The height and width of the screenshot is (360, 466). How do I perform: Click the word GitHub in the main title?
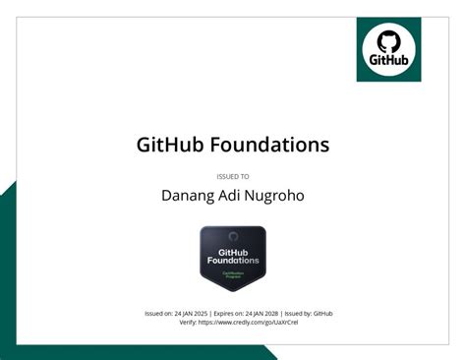pos(168,145)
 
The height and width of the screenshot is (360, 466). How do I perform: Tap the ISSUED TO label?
pos(232,177)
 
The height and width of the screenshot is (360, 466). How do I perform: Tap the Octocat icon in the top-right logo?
pos(388,42)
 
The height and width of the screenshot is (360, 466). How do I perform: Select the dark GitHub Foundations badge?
pos(233,259)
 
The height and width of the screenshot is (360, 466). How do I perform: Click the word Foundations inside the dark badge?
pos(233,261)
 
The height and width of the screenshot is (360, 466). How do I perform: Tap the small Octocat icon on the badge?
pos(233,238)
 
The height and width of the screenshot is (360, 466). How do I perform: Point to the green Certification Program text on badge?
pos(233,273)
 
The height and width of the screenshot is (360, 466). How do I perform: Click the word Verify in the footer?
pos(189,323)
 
